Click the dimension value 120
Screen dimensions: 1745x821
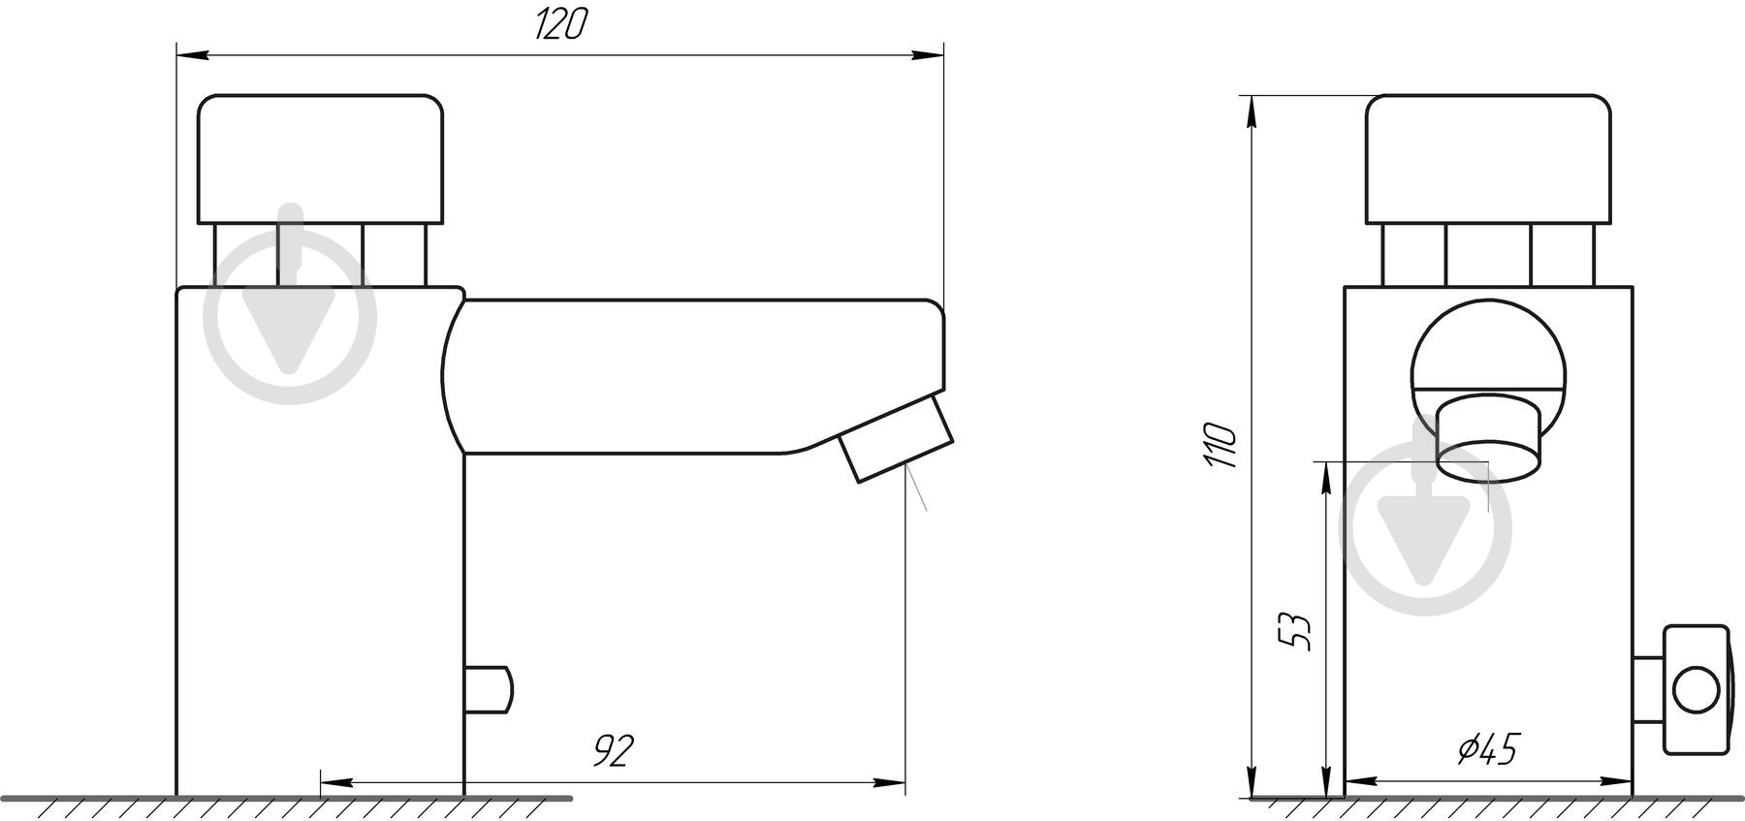point(560,23)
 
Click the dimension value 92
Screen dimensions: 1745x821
point(613,750)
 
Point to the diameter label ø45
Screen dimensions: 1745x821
point(1488,749)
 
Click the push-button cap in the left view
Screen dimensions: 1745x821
point(321,159)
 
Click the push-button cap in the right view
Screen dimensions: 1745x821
point(1488,159)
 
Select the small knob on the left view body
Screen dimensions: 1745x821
point(489,688)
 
